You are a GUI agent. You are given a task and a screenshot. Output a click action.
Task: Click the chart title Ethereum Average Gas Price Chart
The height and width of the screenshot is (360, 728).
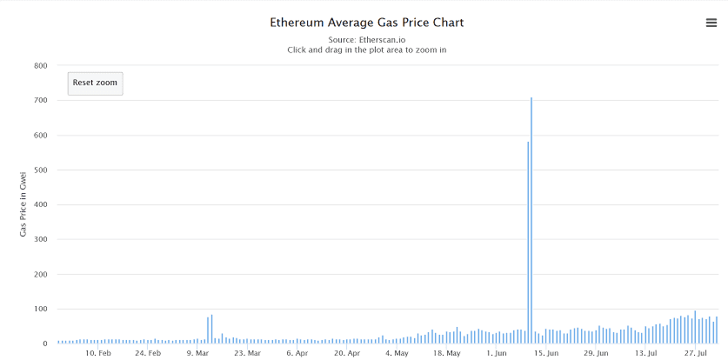click(x=366, y=22)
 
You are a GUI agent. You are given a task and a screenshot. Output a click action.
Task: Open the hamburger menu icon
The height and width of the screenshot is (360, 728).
click(x=711, y=23)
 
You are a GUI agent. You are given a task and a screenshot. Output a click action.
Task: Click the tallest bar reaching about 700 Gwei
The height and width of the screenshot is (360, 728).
click(x=531, y=217)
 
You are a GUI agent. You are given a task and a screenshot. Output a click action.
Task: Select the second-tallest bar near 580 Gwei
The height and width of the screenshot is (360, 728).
click(x=528, y=243)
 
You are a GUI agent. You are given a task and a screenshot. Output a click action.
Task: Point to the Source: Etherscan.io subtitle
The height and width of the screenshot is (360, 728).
click(x=366, y=40)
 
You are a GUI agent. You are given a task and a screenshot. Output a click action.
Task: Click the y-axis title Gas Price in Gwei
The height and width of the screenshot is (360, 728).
click(x=23, y=204)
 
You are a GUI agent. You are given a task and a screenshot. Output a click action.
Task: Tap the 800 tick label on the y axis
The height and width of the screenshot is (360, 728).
click(x=40, y=65)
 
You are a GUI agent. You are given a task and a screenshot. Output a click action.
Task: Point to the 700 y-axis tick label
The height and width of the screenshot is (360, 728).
click(x=40, y=100)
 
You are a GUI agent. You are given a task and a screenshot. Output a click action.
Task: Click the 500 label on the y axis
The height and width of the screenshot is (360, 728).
click(x=40, y=170)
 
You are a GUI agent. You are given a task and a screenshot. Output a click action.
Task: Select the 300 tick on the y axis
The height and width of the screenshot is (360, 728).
click(x=40, y=239)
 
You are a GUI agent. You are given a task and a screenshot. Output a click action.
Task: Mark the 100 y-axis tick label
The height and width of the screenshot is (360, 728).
click(x=40, y=309)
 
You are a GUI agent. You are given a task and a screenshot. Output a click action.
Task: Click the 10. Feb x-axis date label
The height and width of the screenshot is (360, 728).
click(x=98, y=353)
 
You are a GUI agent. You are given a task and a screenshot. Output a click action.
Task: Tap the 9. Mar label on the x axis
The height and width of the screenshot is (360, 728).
click(x=197, y=353)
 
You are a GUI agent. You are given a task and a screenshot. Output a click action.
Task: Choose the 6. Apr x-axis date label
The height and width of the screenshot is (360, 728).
click(x=297, y=353)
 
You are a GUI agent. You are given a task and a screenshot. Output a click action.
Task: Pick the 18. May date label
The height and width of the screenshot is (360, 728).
click(x=446, y=353)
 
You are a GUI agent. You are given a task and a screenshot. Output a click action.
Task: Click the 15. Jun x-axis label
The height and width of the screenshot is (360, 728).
click(x=545, y=353)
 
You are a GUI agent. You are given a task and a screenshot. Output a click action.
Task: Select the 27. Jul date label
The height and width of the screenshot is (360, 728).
click(x=695, y=353)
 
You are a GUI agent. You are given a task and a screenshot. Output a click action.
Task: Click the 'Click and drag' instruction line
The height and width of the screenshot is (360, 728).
click(x=366, y=50)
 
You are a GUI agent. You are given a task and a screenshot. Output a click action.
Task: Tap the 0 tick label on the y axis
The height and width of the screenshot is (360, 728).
click(x=43, y=343)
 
